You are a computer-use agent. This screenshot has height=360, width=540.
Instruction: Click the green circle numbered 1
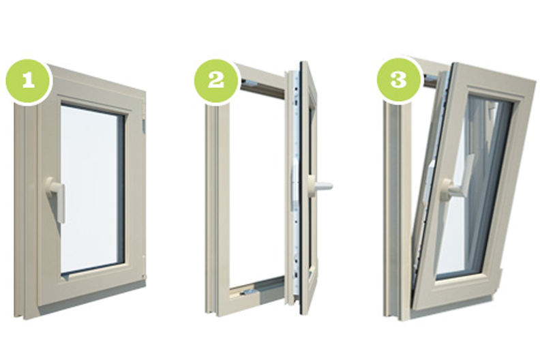click(28, 80)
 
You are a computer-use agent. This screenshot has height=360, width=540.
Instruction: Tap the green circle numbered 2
click(216, 80)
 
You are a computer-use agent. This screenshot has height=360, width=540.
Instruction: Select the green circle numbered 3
click(398, 80)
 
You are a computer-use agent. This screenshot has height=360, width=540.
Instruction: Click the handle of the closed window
click(57, 198)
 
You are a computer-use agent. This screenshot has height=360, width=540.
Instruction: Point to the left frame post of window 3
click(396, 207)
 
